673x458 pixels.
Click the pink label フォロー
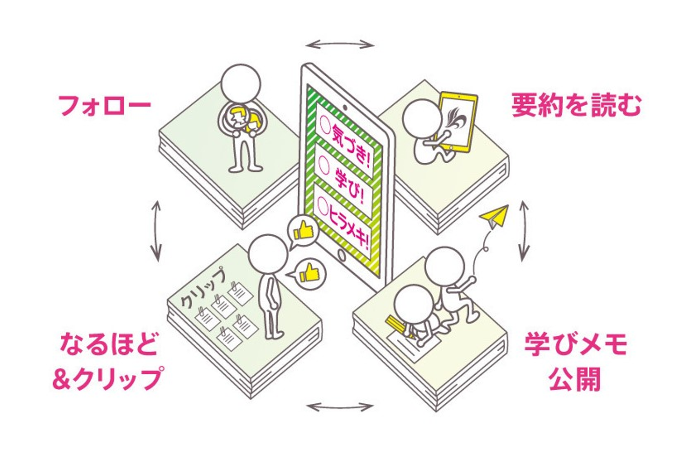click(104, 105)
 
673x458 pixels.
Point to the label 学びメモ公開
click(575, 361)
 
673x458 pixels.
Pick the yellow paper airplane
click(494, 218)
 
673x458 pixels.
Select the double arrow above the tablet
click(340, 45)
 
